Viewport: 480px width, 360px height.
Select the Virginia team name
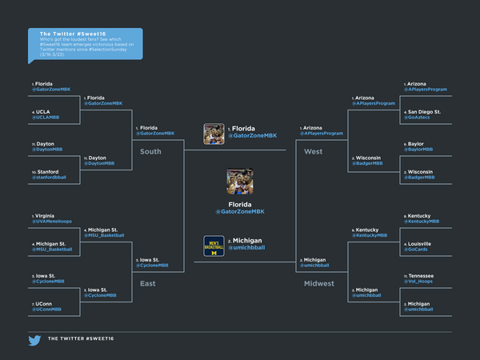point(46,216)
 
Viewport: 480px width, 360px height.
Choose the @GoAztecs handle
point(418,117)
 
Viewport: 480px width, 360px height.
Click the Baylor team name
point(415,144)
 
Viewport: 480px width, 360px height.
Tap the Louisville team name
point(420,243)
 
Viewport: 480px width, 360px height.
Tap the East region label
point(147,283)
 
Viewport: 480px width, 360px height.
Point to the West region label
point(313,151)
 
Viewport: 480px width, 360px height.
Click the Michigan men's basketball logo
point(214,246)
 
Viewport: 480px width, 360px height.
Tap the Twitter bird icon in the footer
point(35,340)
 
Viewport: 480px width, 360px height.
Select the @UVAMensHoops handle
point(52,222)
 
